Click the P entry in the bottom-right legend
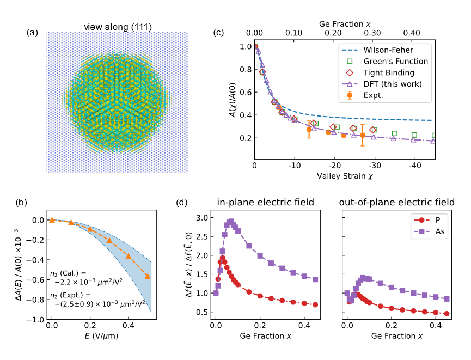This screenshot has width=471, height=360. (x=438, y=220)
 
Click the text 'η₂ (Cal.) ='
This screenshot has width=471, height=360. (x=68, y=273)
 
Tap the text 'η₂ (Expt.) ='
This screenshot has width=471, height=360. (x=70, y=295)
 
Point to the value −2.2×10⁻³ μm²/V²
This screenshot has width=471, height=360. (x=88, y=282)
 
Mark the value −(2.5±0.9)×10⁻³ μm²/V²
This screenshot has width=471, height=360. (x=100, y=303)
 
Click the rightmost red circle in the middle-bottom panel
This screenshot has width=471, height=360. (x=315, y=304)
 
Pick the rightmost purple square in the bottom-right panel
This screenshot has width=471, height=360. (x=446, y=299)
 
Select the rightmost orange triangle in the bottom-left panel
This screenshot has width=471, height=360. (x=148, y=276)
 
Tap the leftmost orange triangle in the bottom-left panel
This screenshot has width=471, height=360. (x=52, y=220)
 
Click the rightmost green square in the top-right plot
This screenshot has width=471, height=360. (x=434, y=136)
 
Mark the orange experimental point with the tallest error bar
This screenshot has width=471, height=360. (x=363, y=135)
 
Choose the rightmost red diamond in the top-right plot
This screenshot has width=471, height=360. (x=373, y=130)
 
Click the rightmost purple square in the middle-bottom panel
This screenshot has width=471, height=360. (x=315, y=279)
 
